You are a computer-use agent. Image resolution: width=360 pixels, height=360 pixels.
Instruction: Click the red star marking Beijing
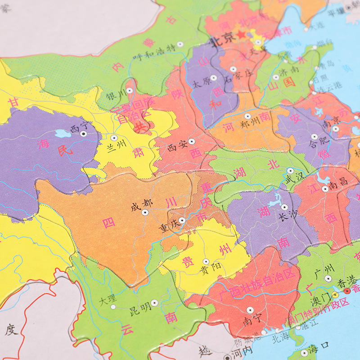click(242, 35)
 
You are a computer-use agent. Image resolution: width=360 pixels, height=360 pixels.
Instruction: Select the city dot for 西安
click(192, 141)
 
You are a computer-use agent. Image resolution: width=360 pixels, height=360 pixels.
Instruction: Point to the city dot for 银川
click(130, 90)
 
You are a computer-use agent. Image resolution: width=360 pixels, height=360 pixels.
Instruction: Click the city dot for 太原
click(213, 77)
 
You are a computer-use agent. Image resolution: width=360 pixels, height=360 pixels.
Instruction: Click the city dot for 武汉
click(290, 171)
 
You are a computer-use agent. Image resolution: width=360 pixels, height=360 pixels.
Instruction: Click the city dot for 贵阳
click(206, 261)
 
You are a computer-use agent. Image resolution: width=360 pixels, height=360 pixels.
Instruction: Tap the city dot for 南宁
click(250, 310)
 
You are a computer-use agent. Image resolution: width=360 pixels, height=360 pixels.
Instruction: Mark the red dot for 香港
click(346, 291)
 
